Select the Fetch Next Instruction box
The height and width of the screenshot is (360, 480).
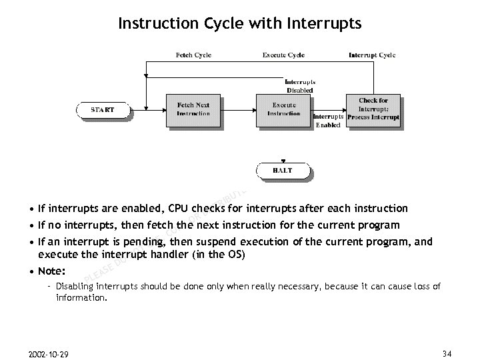tap(193, 109)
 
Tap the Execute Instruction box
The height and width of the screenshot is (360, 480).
tap(283, 109)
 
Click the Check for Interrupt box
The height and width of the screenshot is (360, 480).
tap(373, 109)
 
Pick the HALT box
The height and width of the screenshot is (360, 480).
tap(283, 171)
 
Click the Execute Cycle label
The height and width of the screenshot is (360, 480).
tap(283, 55)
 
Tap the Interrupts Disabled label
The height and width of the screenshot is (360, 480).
tap(299, 86)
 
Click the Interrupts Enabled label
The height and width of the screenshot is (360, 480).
tap(328, 121)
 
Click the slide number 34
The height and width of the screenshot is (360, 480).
tap(447, 352)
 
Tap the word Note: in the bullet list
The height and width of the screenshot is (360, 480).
tap(52, 271)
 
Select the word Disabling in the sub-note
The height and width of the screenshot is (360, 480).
tap(75, 287)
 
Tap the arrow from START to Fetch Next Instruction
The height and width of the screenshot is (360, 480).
tap(148, 109)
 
